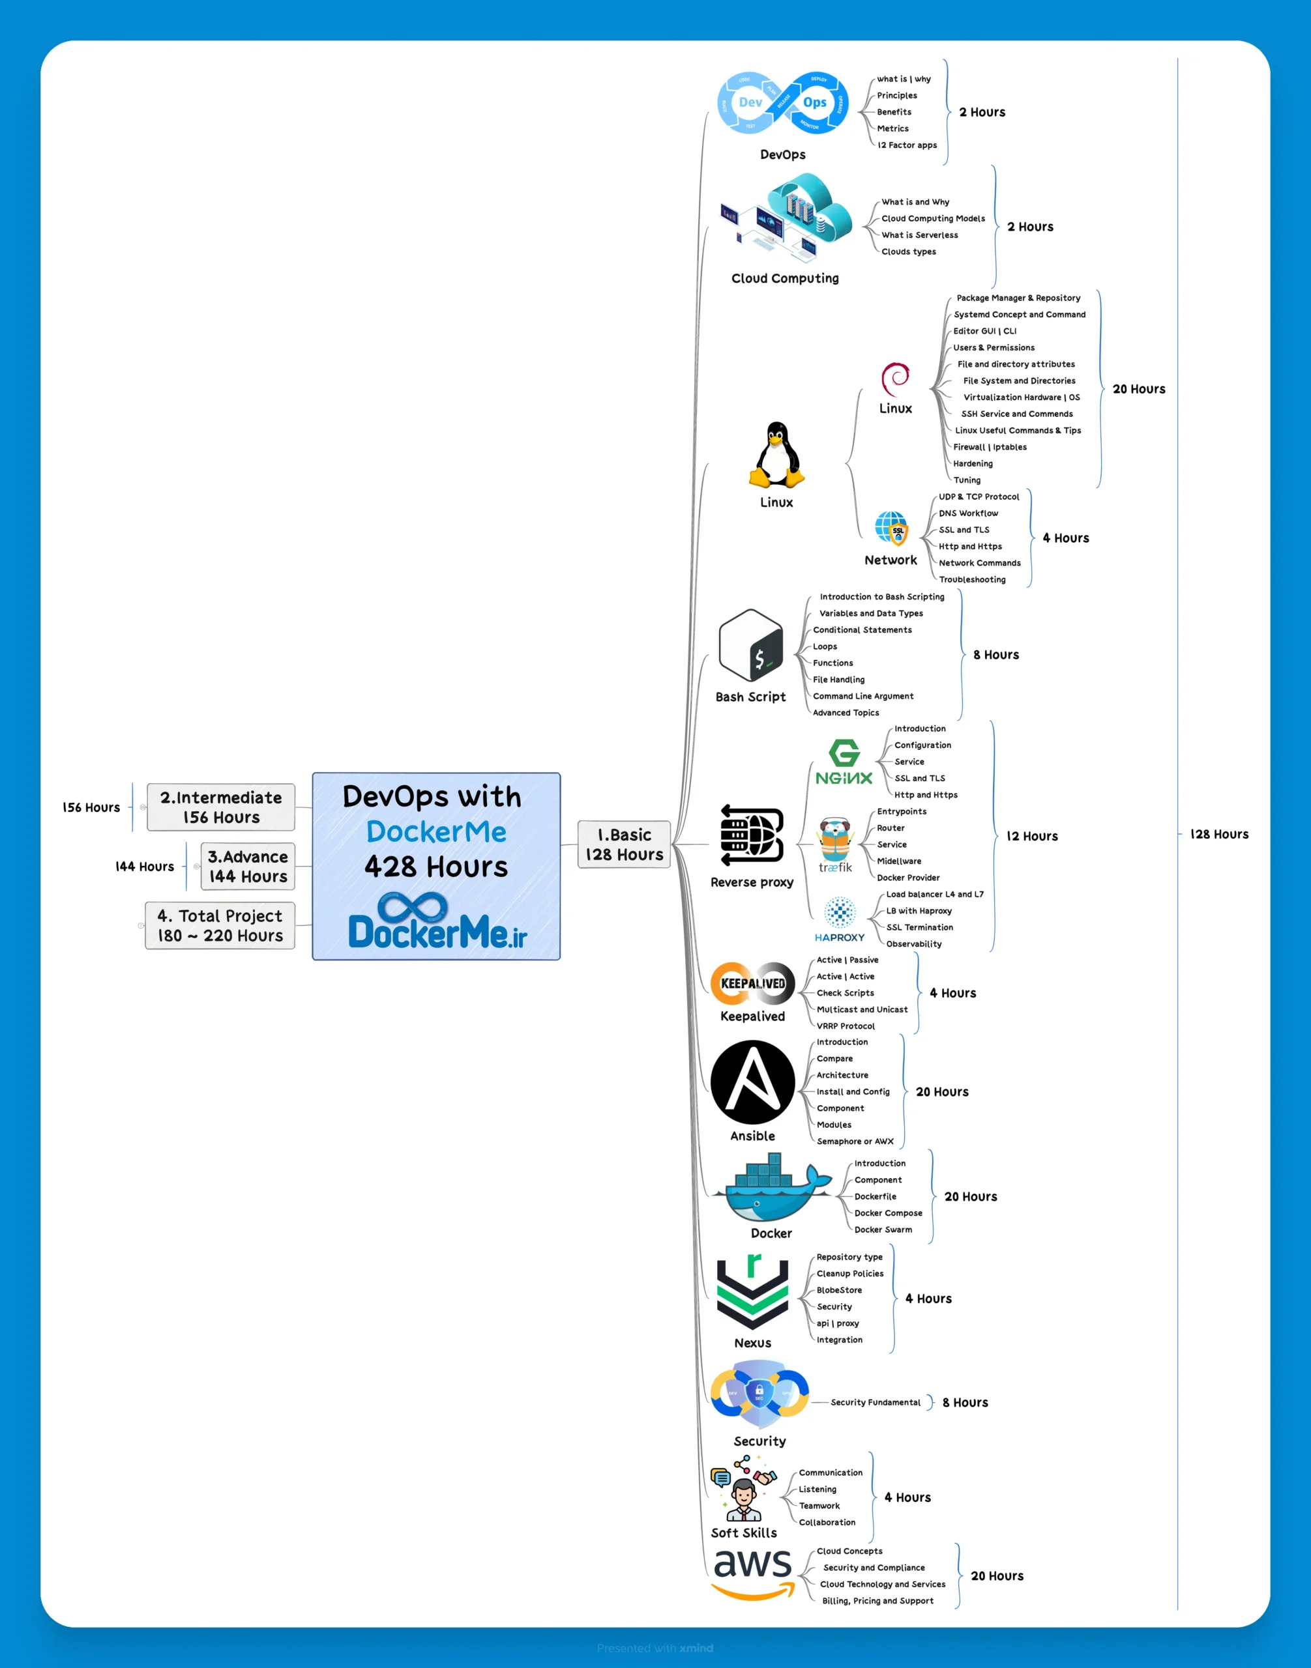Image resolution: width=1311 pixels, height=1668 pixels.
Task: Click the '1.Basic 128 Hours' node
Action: (x=623, y=844)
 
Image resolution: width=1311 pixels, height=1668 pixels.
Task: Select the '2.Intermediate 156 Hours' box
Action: (x=220, y=807)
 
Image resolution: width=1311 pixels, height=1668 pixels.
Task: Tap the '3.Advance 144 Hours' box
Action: (x=248, y=866)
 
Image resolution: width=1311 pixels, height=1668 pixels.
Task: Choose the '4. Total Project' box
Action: (x=220, y=925)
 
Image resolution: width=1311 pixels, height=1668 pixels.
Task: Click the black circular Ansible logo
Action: (x=752, y=1082)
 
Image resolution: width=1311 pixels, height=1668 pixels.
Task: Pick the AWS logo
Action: (x=752, y=1573)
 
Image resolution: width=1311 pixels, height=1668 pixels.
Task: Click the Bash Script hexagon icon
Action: (x=750, y=645)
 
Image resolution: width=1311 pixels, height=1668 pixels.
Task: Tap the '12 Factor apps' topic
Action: (x=907, y=145)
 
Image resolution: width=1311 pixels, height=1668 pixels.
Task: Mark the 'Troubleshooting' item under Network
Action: (x=972, y=580)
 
